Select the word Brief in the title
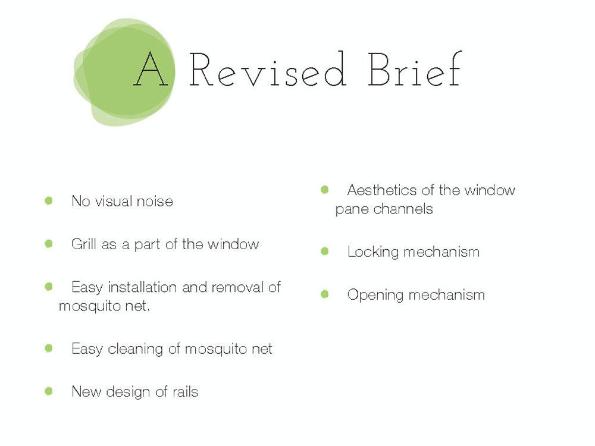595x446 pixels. click(415, 68)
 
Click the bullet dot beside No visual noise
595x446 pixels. click(49, 200)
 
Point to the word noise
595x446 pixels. click(155, 202)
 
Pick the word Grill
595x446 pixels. click(83, 244)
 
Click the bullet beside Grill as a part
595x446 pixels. click(49, 243)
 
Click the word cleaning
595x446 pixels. click(136, 349)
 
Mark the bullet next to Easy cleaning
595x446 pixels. click(49, 348)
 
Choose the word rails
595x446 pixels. click(186, 392)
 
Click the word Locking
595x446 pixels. click(373, 252)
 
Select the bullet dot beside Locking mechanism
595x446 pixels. click(324, 251)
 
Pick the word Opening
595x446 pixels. click(375, 295)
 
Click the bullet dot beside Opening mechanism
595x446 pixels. click(324, 294)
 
